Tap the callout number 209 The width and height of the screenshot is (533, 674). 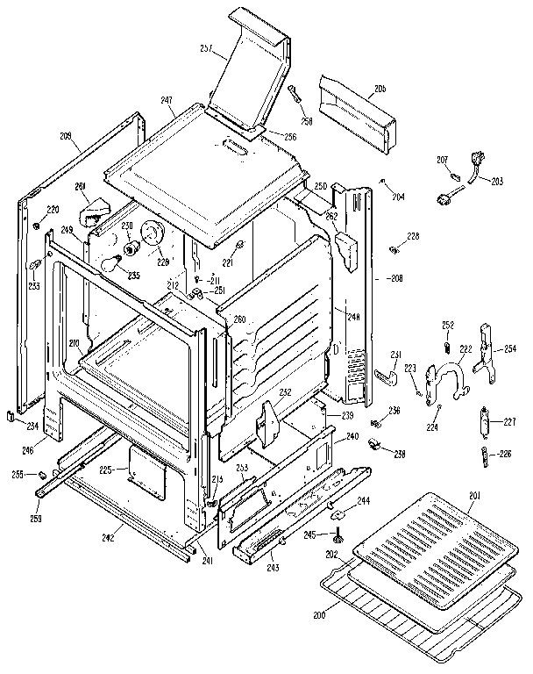click(x=65, y=136)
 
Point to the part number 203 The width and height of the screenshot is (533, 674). click(x=497, y=181)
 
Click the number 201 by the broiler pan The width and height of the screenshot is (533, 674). click(x=474, y=498)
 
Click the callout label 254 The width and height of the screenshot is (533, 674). click(x=510, y=349)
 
